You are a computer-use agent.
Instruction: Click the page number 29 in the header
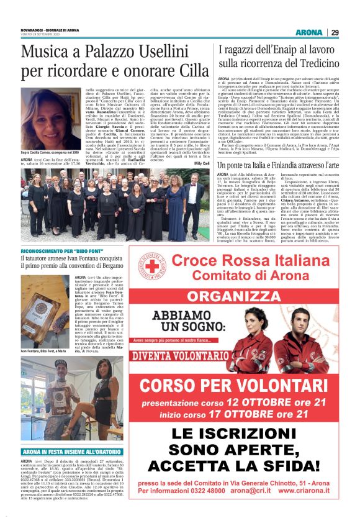pos(335,32)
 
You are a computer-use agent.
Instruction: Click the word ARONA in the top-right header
pos(309,32)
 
